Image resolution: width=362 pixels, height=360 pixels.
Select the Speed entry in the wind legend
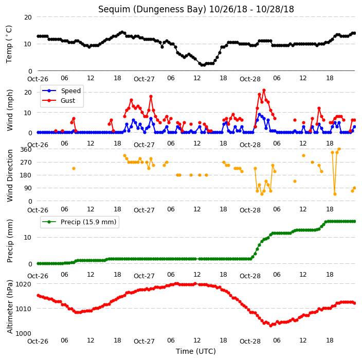pos(70,91)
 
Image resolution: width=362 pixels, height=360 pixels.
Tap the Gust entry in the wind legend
pos(68,101)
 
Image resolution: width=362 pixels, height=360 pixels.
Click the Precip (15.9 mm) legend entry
pos(88,222)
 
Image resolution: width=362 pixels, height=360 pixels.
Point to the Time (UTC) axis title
pos(196,351)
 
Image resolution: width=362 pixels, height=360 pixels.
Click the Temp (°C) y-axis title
pos(9,44)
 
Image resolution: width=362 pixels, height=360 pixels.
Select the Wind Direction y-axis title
pos(10,176)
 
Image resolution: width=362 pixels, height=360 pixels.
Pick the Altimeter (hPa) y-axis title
pos(10,307)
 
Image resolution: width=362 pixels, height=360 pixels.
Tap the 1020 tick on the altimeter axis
pos(23,284)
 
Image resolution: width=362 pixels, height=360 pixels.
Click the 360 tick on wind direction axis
pos(26,150)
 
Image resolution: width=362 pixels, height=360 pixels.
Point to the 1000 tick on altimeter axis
pos(23,333)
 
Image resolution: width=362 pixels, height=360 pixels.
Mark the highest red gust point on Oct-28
pos(264,91)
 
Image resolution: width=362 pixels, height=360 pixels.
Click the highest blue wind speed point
pos(260,114)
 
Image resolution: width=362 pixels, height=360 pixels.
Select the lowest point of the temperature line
pos(203,65)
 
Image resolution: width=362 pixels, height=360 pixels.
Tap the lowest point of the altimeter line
pos(271,326)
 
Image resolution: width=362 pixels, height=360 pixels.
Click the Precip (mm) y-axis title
pos(10,241)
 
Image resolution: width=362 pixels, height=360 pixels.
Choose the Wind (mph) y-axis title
pos(10,110)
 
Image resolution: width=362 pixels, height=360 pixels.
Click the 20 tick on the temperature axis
pos(28,17)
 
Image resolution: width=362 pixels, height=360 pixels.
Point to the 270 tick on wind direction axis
pos(26,163)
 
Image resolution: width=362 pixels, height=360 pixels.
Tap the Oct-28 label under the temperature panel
pos(250,79)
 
